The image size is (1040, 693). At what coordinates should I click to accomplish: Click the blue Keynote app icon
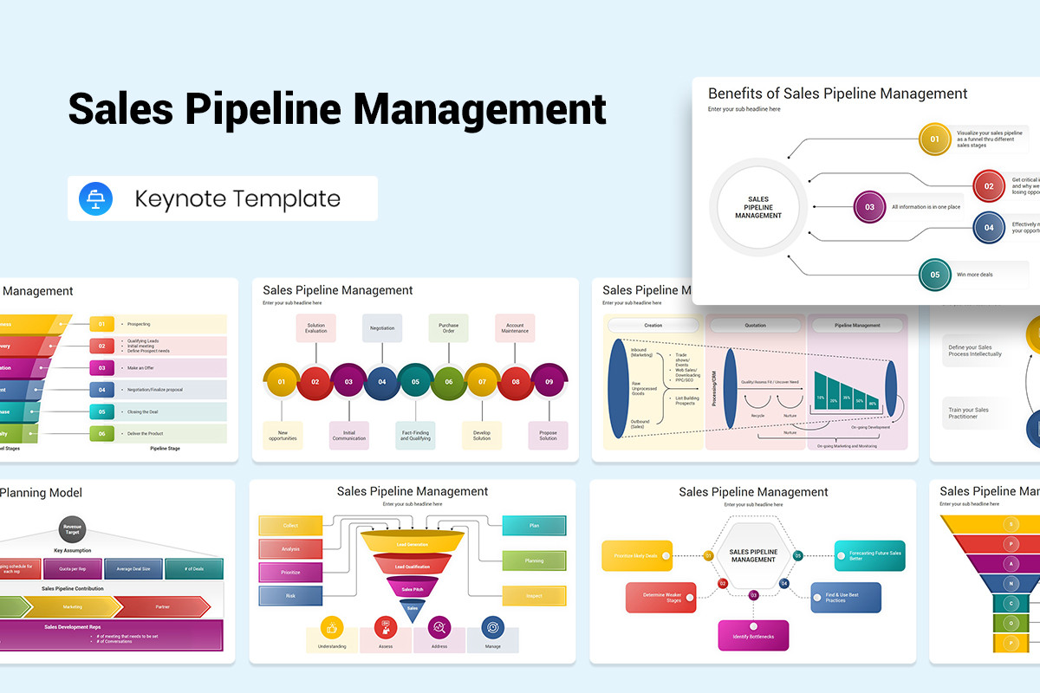click(x=95, y=198)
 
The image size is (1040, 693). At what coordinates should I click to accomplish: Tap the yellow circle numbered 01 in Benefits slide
click(x=934, y=139)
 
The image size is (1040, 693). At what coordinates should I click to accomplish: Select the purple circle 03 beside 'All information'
click(x=869, y=207)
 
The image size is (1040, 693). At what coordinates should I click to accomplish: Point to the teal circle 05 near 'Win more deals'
click(x=934, y=275)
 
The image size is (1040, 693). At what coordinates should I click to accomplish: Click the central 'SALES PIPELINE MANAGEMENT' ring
click(x=757, y=208)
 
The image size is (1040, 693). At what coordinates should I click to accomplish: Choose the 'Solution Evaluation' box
click(x=315, y=327)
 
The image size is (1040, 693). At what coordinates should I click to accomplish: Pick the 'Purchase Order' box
click(x=448, y=327)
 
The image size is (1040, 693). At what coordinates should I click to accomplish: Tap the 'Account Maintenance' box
click(x=515, y=327)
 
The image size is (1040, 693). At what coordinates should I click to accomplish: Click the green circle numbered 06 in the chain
click(x=448, y=381)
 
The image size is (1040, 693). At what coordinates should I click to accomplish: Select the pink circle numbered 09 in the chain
click(x=549, y=381)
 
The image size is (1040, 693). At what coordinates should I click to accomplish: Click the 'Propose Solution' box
click(x=548, y=435)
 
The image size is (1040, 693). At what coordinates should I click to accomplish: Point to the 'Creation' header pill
click(x=653, y=326)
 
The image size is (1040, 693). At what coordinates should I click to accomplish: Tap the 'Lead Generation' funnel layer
click(x=412, y=543)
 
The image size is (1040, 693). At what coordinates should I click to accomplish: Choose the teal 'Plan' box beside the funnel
click(x=534, y=525)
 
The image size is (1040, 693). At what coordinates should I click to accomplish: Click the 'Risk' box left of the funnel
click(x=290, y=595)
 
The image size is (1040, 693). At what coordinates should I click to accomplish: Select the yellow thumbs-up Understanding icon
click(x=332, y=627)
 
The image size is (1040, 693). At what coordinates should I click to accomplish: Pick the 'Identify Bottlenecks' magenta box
click(x=753, y=636)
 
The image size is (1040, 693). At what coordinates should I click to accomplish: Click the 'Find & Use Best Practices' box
click(x=846, y=598)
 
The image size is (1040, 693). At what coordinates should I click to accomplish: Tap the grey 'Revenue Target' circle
click(x=72, y=528)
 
